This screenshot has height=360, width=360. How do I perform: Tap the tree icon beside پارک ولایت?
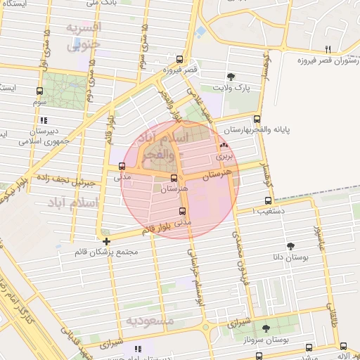point(231,77)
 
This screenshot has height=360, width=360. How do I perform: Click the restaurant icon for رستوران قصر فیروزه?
point(328,49)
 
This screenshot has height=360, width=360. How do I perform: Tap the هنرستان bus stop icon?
point(174,178)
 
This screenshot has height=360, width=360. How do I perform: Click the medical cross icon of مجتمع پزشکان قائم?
point(106,241)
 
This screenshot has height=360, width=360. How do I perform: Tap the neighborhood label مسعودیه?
point(150,321)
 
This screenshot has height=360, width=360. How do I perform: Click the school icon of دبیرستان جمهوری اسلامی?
point(44,120)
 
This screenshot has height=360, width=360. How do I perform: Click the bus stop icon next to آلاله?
point(343,346)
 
